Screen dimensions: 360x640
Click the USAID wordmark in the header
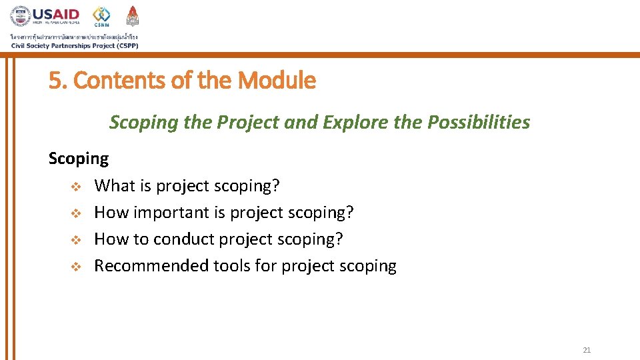(56, 14)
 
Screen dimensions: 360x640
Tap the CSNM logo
(101, 16)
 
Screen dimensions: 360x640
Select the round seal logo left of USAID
(20, 16)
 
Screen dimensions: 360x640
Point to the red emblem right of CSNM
(132, 16)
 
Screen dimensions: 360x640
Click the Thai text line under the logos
(73, 36)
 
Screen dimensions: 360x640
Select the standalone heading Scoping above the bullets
(78, 159)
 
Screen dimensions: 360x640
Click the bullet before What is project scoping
(76, 186)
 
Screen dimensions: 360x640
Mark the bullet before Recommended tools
(76, 267)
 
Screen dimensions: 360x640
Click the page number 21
(586, 350)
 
